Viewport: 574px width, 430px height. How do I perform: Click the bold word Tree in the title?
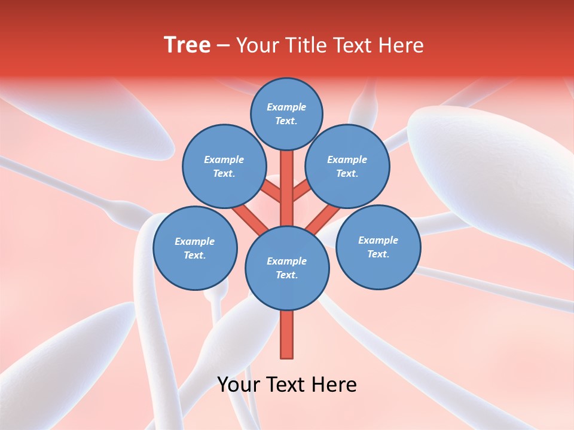coord(187,45)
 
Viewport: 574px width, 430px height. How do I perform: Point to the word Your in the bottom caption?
coord(239,385)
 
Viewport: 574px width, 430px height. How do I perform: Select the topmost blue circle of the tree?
coord(286,113)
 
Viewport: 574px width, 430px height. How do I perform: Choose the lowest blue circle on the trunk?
coord(287,268)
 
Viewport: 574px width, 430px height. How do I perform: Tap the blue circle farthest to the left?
coord(195,248)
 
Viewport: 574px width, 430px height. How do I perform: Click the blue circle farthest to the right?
coord(378,247)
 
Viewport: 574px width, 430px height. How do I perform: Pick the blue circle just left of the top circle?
coord(224,166)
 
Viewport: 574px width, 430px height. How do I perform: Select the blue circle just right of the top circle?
coord(347,166)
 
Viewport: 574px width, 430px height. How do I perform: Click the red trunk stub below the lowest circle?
coord(287,334)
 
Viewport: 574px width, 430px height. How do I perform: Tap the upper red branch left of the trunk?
coord(272,191)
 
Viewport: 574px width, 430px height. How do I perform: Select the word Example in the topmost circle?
coord(286,107)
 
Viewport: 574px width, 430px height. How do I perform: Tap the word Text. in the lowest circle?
coord(286,275)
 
